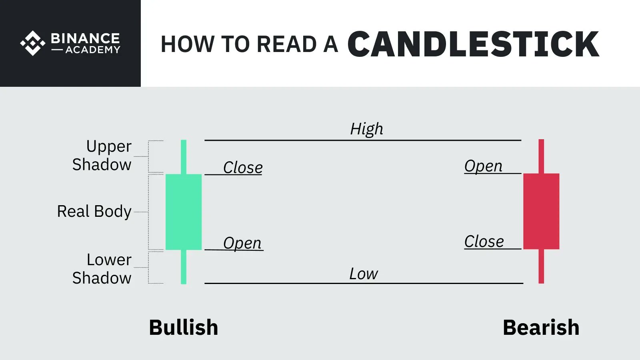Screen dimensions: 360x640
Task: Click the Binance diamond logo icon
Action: [x=33, y=43]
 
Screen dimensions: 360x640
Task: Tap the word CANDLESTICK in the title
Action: [x=473, y=44]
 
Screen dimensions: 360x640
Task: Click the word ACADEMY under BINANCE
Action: [x=93, y=50]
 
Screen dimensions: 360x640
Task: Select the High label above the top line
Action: [x=366, y=129]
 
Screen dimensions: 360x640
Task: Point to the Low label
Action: [x=363, y=274]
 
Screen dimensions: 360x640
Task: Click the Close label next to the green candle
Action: [x=243, y=168]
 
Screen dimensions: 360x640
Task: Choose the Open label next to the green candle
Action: [x=242, y=243]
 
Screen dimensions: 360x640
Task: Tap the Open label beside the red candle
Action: [x=483, y=166]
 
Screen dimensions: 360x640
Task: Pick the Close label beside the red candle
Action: [x=484, y=242]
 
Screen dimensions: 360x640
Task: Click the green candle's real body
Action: [x=184, y=212]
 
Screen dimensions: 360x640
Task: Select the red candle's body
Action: [x=541, y=211]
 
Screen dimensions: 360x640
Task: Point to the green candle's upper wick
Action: [x=184, y=156]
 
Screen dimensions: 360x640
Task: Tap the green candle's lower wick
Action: [x=184, y=267]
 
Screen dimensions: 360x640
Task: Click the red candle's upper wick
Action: [x=541, y=156]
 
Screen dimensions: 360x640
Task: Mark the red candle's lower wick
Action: [x=541, y=266]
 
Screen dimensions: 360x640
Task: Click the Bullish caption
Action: [x=184, y=328]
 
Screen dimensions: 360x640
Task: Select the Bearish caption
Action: [x=541, y=328]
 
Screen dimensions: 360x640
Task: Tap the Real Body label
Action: [x=94, y=211]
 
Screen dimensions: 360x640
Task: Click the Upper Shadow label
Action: [x=102, y=156]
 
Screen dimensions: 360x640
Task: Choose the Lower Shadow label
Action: [x=102, y=269]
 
